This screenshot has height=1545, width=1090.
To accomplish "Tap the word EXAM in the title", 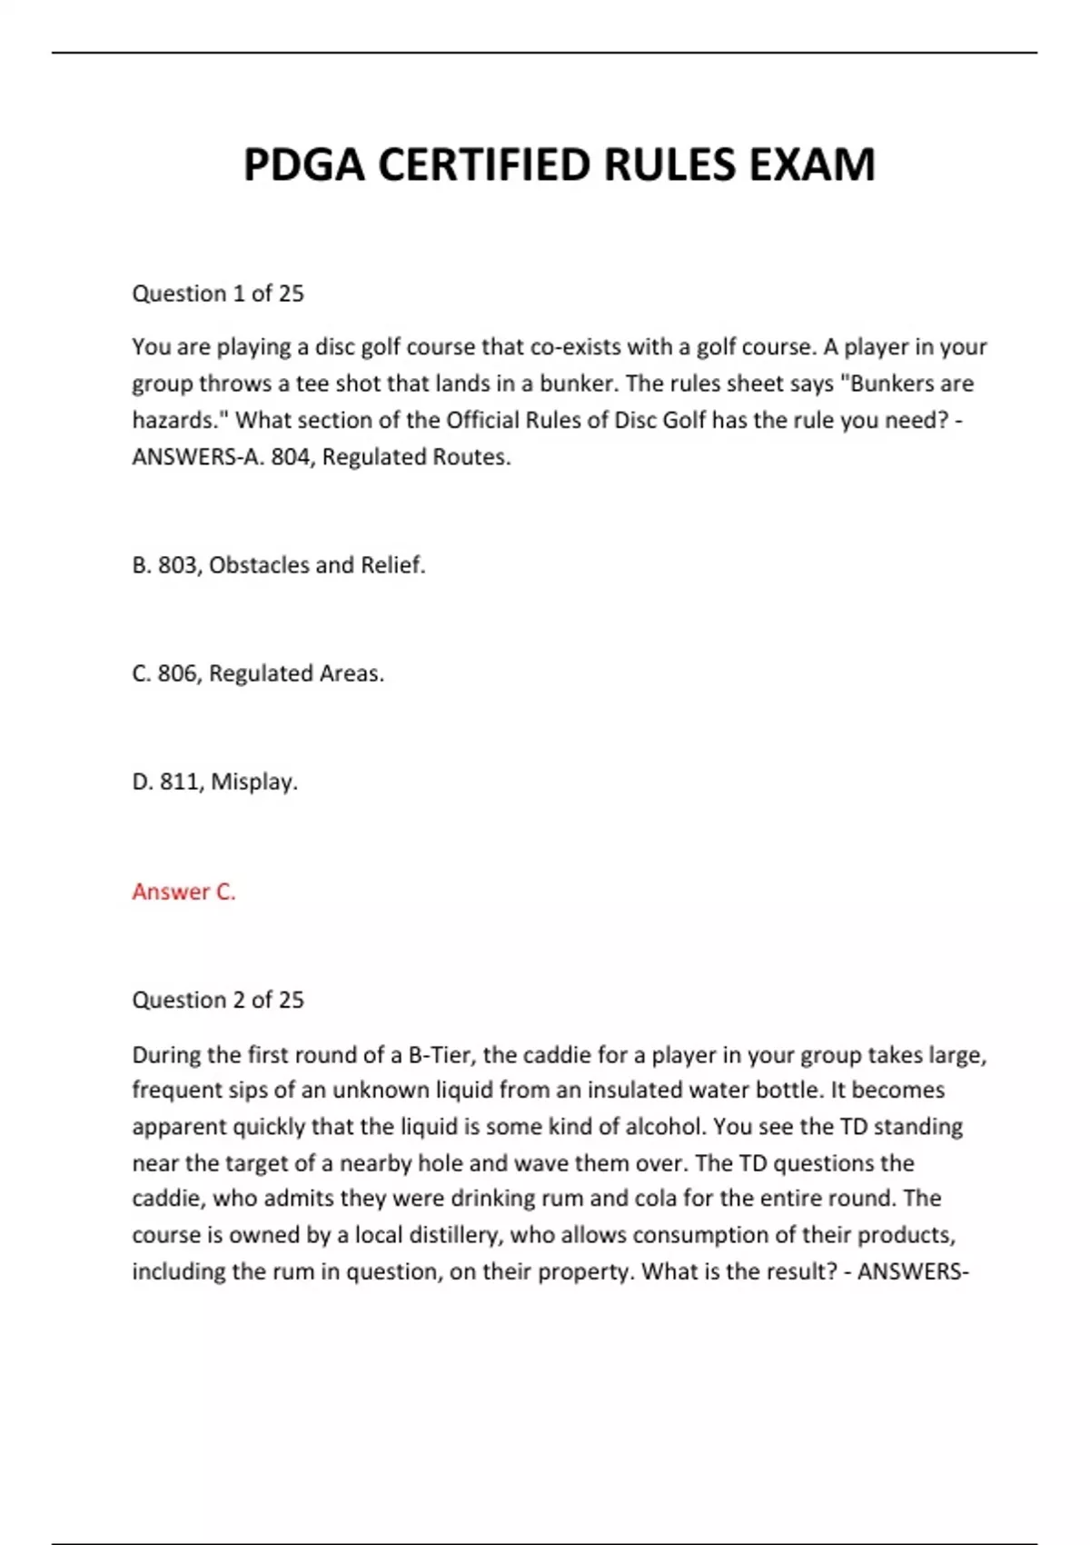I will [x=811, y=165].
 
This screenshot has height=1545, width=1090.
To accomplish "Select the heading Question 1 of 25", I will [x=218, y=294].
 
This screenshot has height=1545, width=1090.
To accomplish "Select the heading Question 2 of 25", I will [x=218, y=1000].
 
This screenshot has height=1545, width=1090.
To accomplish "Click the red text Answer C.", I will [x=183, y=892].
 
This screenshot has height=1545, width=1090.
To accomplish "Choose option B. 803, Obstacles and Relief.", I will [x=279, y=565].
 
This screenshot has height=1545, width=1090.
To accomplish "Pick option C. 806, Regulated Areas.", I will [x=258, y=673].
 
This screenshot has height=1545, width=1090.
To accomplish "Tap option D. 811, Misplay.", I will [x=214, y=782].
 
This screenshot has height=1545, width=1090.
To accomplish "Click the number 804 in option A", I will [x=291, y=457].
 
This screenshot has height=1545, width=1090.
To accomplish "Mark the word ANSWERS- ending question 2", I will [x=913, y=1271].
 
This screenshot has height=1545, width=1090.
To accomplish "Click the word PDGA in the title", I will [x=304, y=165].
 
